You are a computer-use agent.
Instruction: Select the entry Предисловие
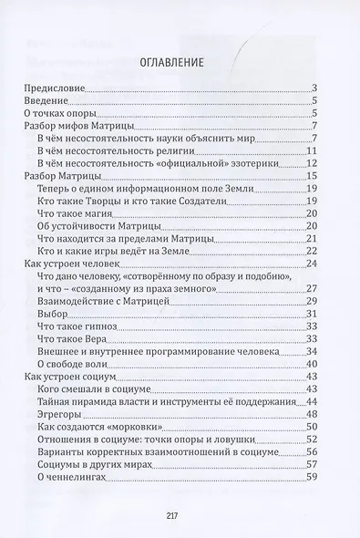click(53, 88)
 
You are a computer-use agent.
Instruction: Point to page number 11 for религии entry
click(311, 150)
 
